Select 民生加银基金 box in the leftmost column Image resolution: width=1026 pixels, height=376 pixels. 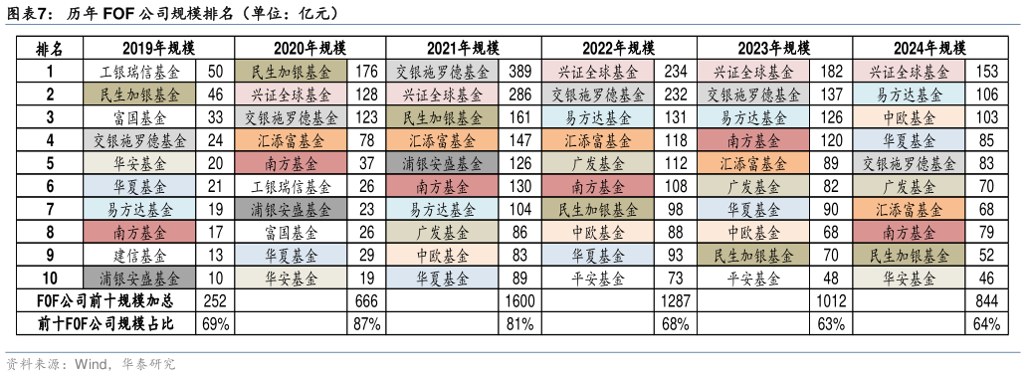click(x=139, y=94)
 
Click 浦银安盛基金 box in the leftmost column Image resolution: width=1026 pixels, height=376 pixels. click(x=139, y=278)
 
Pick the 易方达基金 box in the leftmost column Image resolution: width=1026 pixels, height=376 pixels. click(x=139, y=209)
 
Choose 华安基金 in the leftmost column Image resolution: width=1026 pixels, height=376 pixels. click(x=139, y=163)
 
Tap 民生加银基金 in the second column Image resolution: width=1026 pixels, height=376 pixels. click(x=291, y=72)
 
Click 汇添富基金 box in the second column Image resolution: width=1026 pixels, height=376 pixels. click(x=291, y=140)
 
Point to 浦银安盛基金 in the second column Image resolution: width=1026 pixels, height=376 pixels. click(x=291, y=209)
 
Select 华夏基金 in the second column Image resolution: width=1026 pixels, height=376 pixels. click(x=291, y=255)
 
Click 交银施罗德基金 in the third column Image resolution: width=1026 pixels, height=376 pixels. click(x=442, y=72)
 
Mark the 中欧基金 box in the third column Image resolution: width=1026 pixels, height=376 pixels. click(x=442, y=255)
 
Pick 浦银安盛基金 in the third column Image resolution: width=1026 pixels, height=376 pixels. click(x=442, y=163)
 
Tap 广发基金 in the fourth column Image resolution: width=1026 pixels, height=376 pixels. click(x=598, y=163)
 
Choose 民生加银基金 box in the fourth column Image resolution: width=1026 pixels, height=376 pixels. click(x=598, y=209)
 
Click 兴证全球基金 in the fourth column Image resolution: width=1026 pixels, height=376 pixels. click(x=598, y=72)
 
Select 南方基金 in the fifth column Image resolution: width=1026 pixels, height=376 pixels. click(x=753, y=140)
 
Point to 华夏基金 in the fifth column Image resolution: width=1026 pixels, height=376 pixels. click(x=753, y=209)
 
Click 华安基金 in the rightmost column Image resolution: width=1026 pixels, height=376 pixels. click(x=909, y=278)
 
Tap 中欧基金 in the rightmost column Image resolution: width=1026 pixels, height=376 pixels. click(x=909, y=117)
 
